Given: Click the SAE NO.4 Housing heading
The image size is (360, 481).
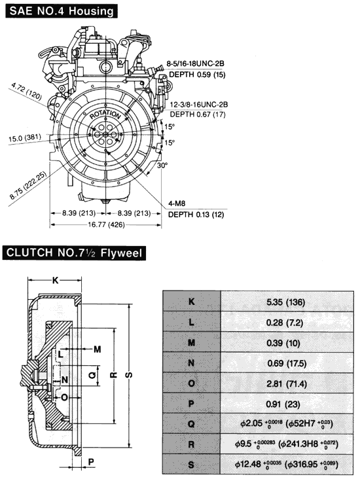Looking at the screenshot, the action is pos(62,11).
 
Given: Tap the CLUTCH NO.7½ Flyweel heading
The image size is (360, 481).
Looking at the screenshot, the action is pos(74,253).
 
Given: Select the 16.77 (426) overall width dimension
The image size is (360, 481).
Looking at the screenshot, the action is pos(106,225).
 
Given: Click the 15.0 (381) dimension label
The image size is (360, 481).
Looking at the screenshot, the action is pos(25,137).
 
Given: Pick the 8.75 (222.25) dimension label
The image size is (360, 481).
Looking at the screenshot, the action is pos(28,185).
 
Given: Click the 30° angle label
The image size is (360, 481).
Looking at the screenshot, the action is pos(162,166).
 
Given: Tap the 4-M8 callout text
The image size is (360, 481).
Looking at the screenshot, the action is pos(177,204).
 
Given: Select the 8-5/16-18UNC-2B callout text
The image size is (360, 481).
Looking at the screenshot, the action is pos(195,63).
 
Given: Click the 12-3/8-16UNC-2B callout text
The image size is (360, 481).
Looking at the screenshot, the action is pos(199,105).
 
